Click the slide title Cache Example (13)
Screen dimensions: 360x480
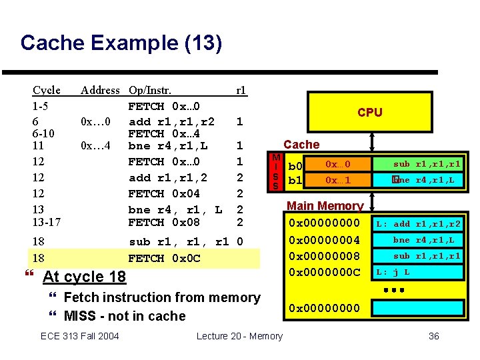pos(121,43)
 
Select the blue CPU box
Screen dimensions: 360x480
pos(369,112)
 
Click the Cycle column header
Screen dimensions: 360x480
pos(47,90)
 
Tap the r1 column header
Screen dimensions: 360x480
pos(241,90)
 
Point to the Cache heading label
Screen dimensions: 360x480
pos(301,144)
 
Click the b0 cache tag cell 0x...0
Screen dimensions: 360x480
pos(337,164)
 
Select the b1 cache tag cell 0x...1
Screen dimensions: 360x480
pos(337,180)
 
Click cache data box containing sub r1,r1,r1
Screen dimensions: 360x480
pos(417,164)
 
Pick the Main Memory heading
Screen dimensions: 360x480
pos(325,206)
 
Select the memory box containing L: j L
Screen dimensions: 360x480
pos(417,272)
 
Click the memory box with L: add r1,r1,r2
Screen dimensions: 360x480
pos(417,224)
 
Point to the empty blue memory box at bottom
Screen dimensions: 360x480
pos(417,307)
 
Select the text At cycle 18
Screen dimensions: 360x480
pos(84,277)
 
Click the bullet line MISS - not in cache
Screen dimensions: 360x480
pos(124,316)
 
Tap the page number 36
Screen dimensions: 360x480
pos(433,336)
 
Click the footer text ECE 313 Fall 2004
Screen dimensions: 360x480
pos(80,336)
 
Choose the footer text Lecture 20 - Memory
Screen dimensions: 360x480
pos(239,336)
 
